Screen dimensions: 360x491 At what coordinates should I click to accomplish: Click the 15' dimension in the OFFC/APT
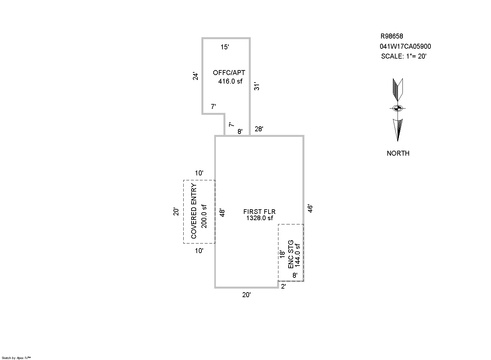[224, 47]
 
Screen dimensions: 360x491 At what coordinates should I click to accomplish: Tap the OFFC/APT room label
[229, 73]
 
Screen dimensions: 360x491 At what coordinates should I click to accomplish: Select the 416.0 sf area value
[230, 81]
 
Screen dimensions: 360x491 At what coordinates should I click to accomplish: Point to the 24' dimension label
[196, 76]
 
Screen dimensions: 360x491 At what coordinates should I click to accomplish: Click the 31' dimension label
[257, 86]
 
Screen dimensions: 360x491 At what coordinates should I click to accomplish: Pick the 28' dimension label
[259, 129]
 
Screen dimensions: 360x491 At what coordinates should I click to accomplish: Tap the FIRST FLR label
[259, 212]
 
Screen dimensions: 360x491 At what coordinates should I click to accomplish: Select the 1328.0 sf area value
[259, 218]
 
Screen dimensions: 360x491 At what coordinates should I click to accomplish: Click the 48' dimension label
[222, 213]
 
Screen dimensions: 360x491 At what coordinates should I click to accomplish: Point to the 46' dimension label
[310, 209]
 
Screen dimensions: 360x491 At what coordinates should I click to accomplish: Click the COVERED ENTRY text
[194, 211]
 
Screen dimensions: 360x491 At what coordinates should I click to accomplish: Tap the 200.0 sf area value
[204, 216]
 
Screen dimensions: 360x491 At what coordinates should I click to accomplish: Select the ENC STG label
[291, 254]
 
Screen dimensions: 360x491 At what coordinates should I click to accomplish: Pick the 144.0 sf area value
[297, 254]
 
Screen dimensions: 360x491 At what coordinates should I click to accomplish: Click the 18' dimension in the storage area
[282, 255]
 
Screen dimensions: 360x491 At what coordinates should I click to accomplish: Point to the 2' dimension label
[283, 287]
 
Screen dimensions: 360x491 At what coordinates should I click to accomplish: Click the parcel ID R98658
[392, 36]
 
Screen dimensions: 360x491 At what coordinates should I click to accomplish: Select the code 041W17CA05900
[405, 47]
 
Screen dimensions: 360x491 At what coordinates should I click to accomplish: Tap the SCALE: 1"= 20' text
[403, 56]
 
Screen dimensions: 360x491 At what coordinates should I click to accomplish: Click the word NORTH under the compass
[398, 153]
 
